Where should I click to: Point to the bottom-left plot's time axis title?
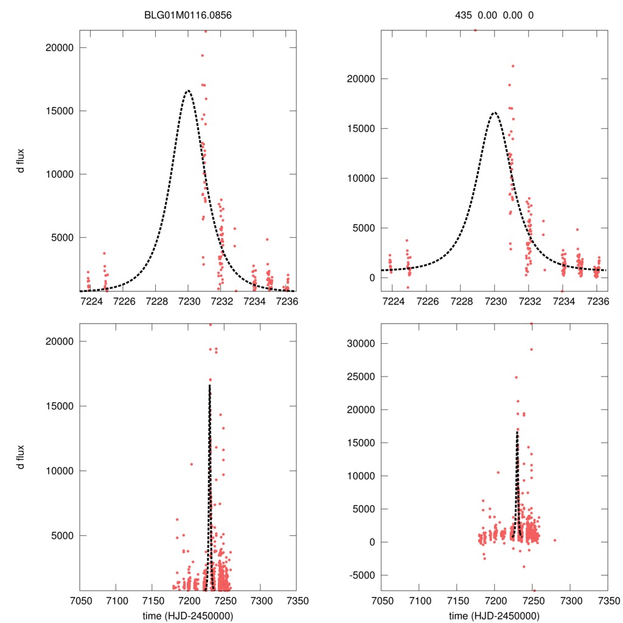pos(187,615)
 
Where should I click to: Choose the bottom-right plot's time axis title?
pos(494,615)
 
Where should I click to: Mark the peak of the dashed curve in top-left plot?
pos(188,91)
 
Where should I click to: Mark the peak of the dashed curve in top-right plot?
pos(495,113)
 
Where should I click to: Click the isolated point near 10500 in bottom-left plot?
pos(191,464)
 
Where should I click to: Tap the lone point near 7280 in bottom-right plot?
pos(555,540)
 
